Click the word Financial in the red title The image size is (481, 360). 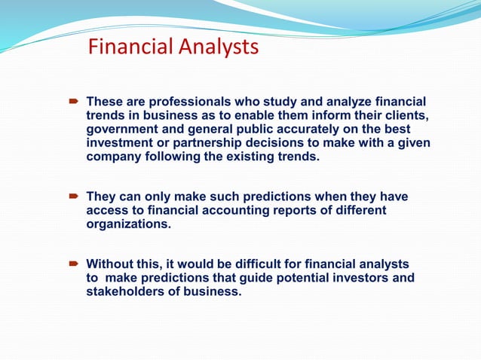click(x=131, y=48)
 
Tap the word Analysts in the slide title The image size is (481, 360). click(x=219, y=48)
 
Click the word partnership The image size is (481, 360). click(x=211, y=143)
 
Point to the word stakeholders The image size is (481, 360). click(x=127, y=292)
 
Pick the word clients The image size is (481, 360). click(x=406, y=115)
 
